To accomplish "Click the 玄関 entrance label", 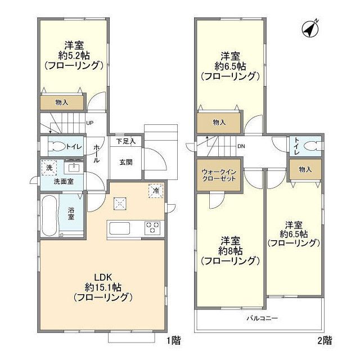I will [x=125, y=161].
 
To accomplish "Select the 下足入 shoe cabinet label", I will [x=125, y=142].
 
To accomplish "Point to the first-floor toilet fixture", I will [x=56, y=147].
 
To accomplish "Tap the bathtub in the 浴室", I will [x=49, y=213].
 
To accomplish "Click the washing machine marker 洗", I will [x=48, y=168].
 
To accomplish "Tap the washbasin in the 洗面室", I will [x=73, y=167].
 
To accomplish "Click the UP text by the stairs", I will [x=90, y=124].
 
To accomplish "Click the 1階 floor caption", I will [x=173, y=340].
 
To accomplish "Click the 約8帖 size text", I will [x=231, y=250].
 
